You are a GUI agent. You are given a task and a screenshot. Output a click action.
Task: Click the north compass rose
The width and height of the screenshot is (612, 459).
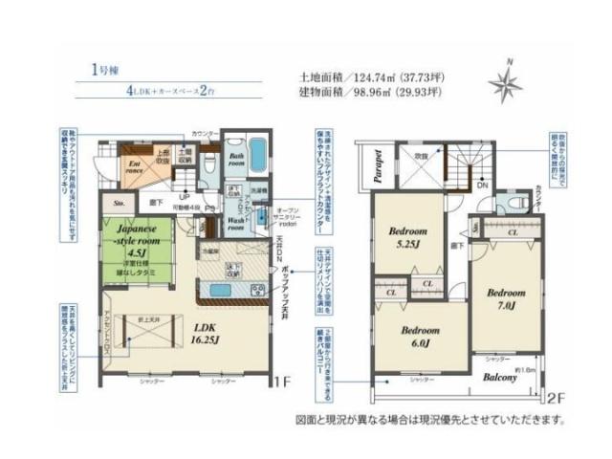click(x=504, y=84)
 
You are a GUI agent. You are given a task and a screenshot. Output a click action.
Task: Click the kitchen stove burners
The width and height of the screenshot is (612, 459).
click(x=256, y=290)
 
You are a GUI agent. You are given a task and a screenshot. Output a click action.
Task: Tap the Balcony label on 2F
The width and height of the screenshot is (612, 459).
click(x=499, y=377)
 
